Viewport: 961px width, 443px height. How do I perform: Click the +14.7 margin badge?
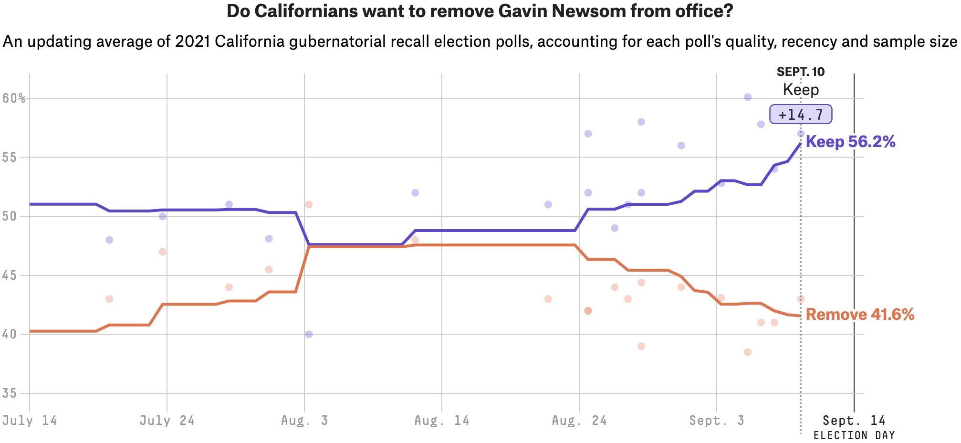tap(800, 115)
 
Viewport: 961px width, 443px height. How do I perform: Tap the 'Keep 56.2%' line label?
tap(850, 142)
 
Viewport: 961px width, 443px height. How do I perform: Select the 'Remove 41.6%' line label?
tap(860, 315)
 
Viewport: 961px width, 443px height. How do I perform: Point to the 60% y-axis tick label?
tap(14, 98)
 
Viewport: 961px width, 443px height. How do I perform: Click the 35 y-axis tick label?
tap(9, 394)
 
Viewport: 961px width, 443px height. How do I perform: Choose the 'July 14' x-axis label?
tap(30, 421)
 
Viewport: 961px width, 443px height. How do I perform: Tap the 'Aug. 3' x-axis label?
tap(304, 421)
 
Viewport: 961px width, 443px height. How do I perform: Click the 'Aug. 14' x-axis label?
tap(442, 421)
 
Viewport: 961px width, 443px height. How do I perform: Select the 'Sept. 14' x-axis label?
tap(854, 421)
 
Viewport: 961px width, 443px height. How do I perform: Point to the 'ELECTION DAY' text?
tap(854, 435)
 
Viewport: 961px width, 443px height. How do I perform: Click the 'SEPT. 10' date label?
tap(801, 72)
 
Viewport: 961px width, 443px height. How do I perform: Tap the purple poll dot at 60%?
tap(748, 97)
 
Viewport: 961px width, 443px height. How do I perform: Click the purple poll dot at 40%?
tap(309, 334)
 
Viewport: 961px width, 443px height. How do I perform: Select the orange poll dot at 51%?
tap(309, 204)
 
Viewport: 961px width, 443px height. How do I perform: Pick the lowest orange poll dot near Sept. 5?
tap(748, 352)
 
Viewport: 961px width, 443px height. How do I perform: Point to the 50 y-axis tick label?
tap(9, 216)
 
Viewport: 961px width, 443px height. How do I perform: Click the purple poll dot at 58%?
tap(641, 122)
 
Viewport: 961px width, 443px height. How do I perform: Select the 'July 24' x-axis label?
tap(167, 421)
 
